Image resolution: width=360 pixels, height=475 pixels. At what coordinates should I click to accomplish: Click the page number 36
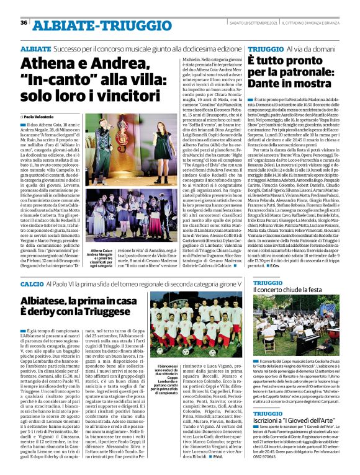24,23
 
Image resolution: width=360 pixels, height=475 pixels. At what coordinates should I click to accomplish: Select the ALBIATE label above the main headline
35,48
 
